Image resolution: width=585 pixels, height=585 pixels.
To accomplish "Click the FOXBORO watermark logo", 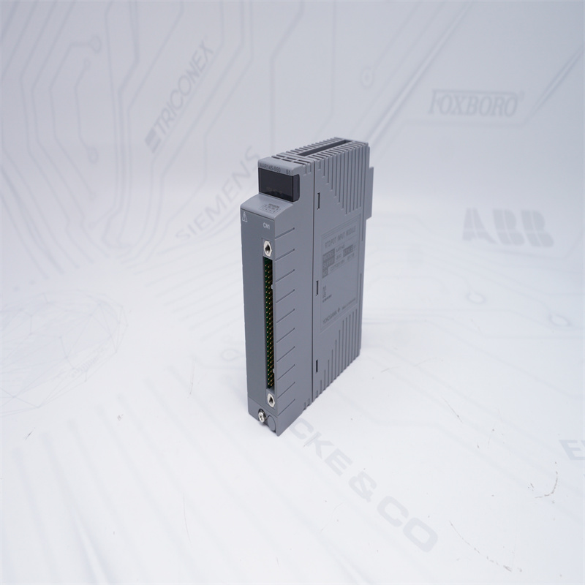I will (473, 104).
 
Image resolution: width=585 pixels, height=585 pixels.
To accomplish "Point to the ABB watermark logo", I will (507, 227).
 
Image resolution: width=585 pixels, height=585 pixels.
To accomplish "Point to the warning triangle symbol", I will (246, 216).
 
